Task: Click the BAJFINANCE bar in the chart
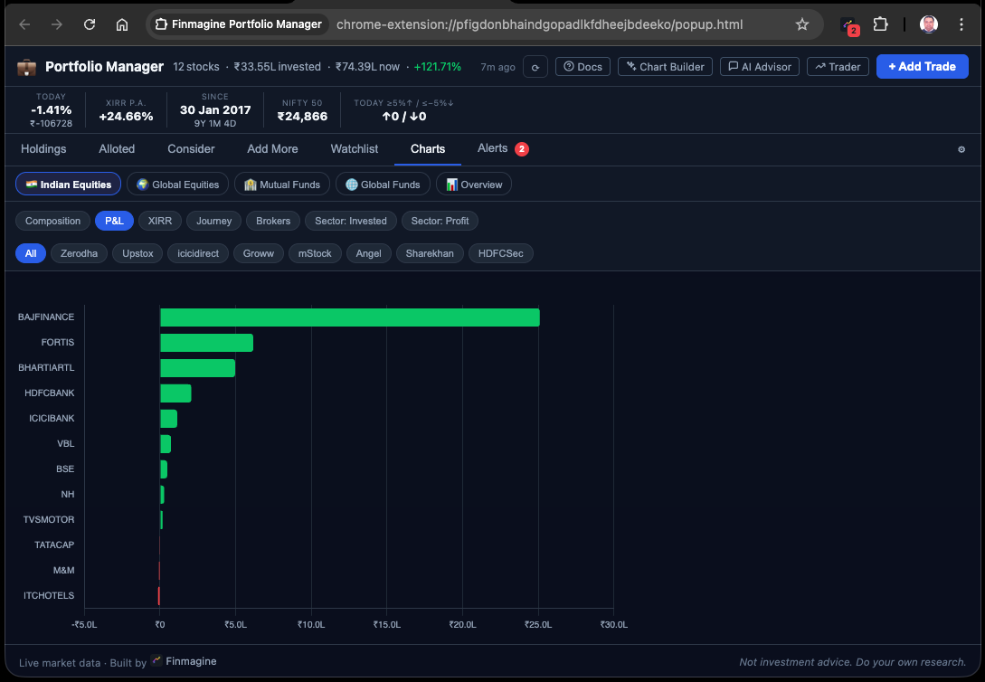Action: point(349,317)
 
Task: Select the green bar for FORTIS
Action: point(206,343)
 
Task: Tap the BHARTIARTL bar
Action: point(197,368)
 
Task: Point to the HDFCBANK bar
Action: point(175,393)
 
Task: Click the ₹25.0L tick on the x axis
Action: point(538,624)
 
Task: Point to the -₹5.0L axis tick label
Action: point(84,624)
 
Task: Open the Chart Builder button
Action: point(666,66)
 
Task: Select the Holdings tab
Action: point(43,148)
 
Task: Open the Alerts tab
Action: point(493,148)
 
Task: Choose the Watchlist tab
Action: point(355,148)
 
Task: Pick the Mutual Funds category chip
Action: point(282,185)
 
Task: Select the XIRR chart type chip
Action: point(160,221)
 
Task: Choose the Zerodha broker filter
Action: point(80,253)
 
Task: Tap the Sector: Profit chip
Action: point(440,221)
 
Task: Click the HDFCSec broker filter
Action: point(500,253)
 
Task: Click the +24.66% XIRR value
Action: point(126,116)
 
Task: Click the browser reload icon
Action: point(90,24)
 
